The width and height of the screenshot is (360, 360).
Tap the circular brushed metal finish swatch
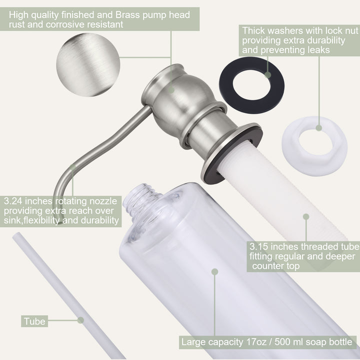[88, 64]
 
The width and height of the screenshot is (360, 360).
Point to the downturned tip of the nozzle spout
[58, 220]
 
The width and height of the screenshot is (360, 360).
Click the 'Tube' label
[34, 321]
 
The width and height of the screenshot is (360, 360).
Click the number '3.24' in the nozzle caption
[13, 201]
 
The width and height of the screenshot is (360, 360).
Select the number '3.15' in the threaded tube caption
[259, 246]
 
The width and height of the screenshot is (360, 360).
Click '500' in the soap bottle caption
[283, 342]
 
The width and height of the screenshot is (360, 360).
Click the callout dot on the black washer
[267, 75]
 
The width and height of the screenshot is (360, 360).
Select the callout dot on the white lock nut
[318, 128]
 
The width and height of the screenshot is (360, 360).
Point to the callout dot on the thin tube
[80, 320]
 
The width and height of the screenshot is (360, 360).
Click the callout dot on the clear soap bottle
[214, 272]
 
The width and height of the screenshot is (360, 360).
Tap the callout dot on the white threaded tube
[306, 216]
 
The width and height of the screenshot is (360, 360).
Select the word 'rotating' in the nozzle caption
[71, 201]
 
